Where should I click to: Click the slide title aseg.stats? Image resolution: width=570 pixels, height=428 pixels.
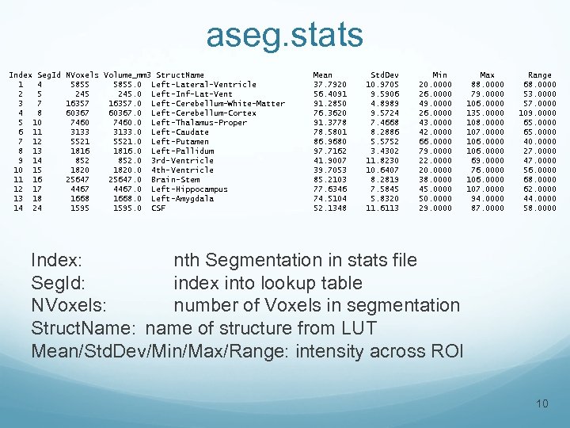[x=284, y=35]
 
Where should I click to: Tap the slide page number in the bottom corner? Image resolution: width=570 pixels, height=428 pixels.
[x=542, y=405]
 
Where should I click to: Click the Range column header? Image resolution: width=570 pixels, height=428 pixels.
[x=540, y=75]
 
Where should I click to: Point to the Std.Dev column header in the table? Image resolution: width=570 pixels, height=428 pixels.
[x=384, y=75]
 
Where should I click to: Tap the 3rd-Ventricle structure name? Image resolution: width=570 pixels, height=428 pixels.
[x=182, y=161]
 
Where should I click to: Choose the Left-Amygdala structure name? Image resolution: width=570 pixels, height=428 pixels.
[x=182, y=199]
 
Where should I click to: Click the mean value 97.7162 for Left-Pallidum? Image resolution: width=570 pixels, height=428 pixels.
[x=329, y=151]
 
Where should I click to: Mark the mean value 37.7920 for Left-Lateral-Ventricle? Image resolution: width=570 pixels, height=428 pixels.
[x=329, y=85]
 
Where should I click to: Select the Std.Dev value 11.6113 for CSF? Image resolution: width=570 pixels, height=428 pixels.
[x=382, y=208]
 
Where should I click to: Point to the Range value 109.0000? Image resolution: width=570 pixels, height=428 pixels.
[x=538, y=113]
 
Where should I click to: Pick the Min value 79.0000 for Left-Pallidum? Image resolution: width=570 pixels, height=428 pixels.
[x=435, y=151]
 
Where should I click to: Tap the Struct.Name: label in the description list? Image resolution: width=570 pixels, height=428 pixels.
[x=85, y=328]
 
